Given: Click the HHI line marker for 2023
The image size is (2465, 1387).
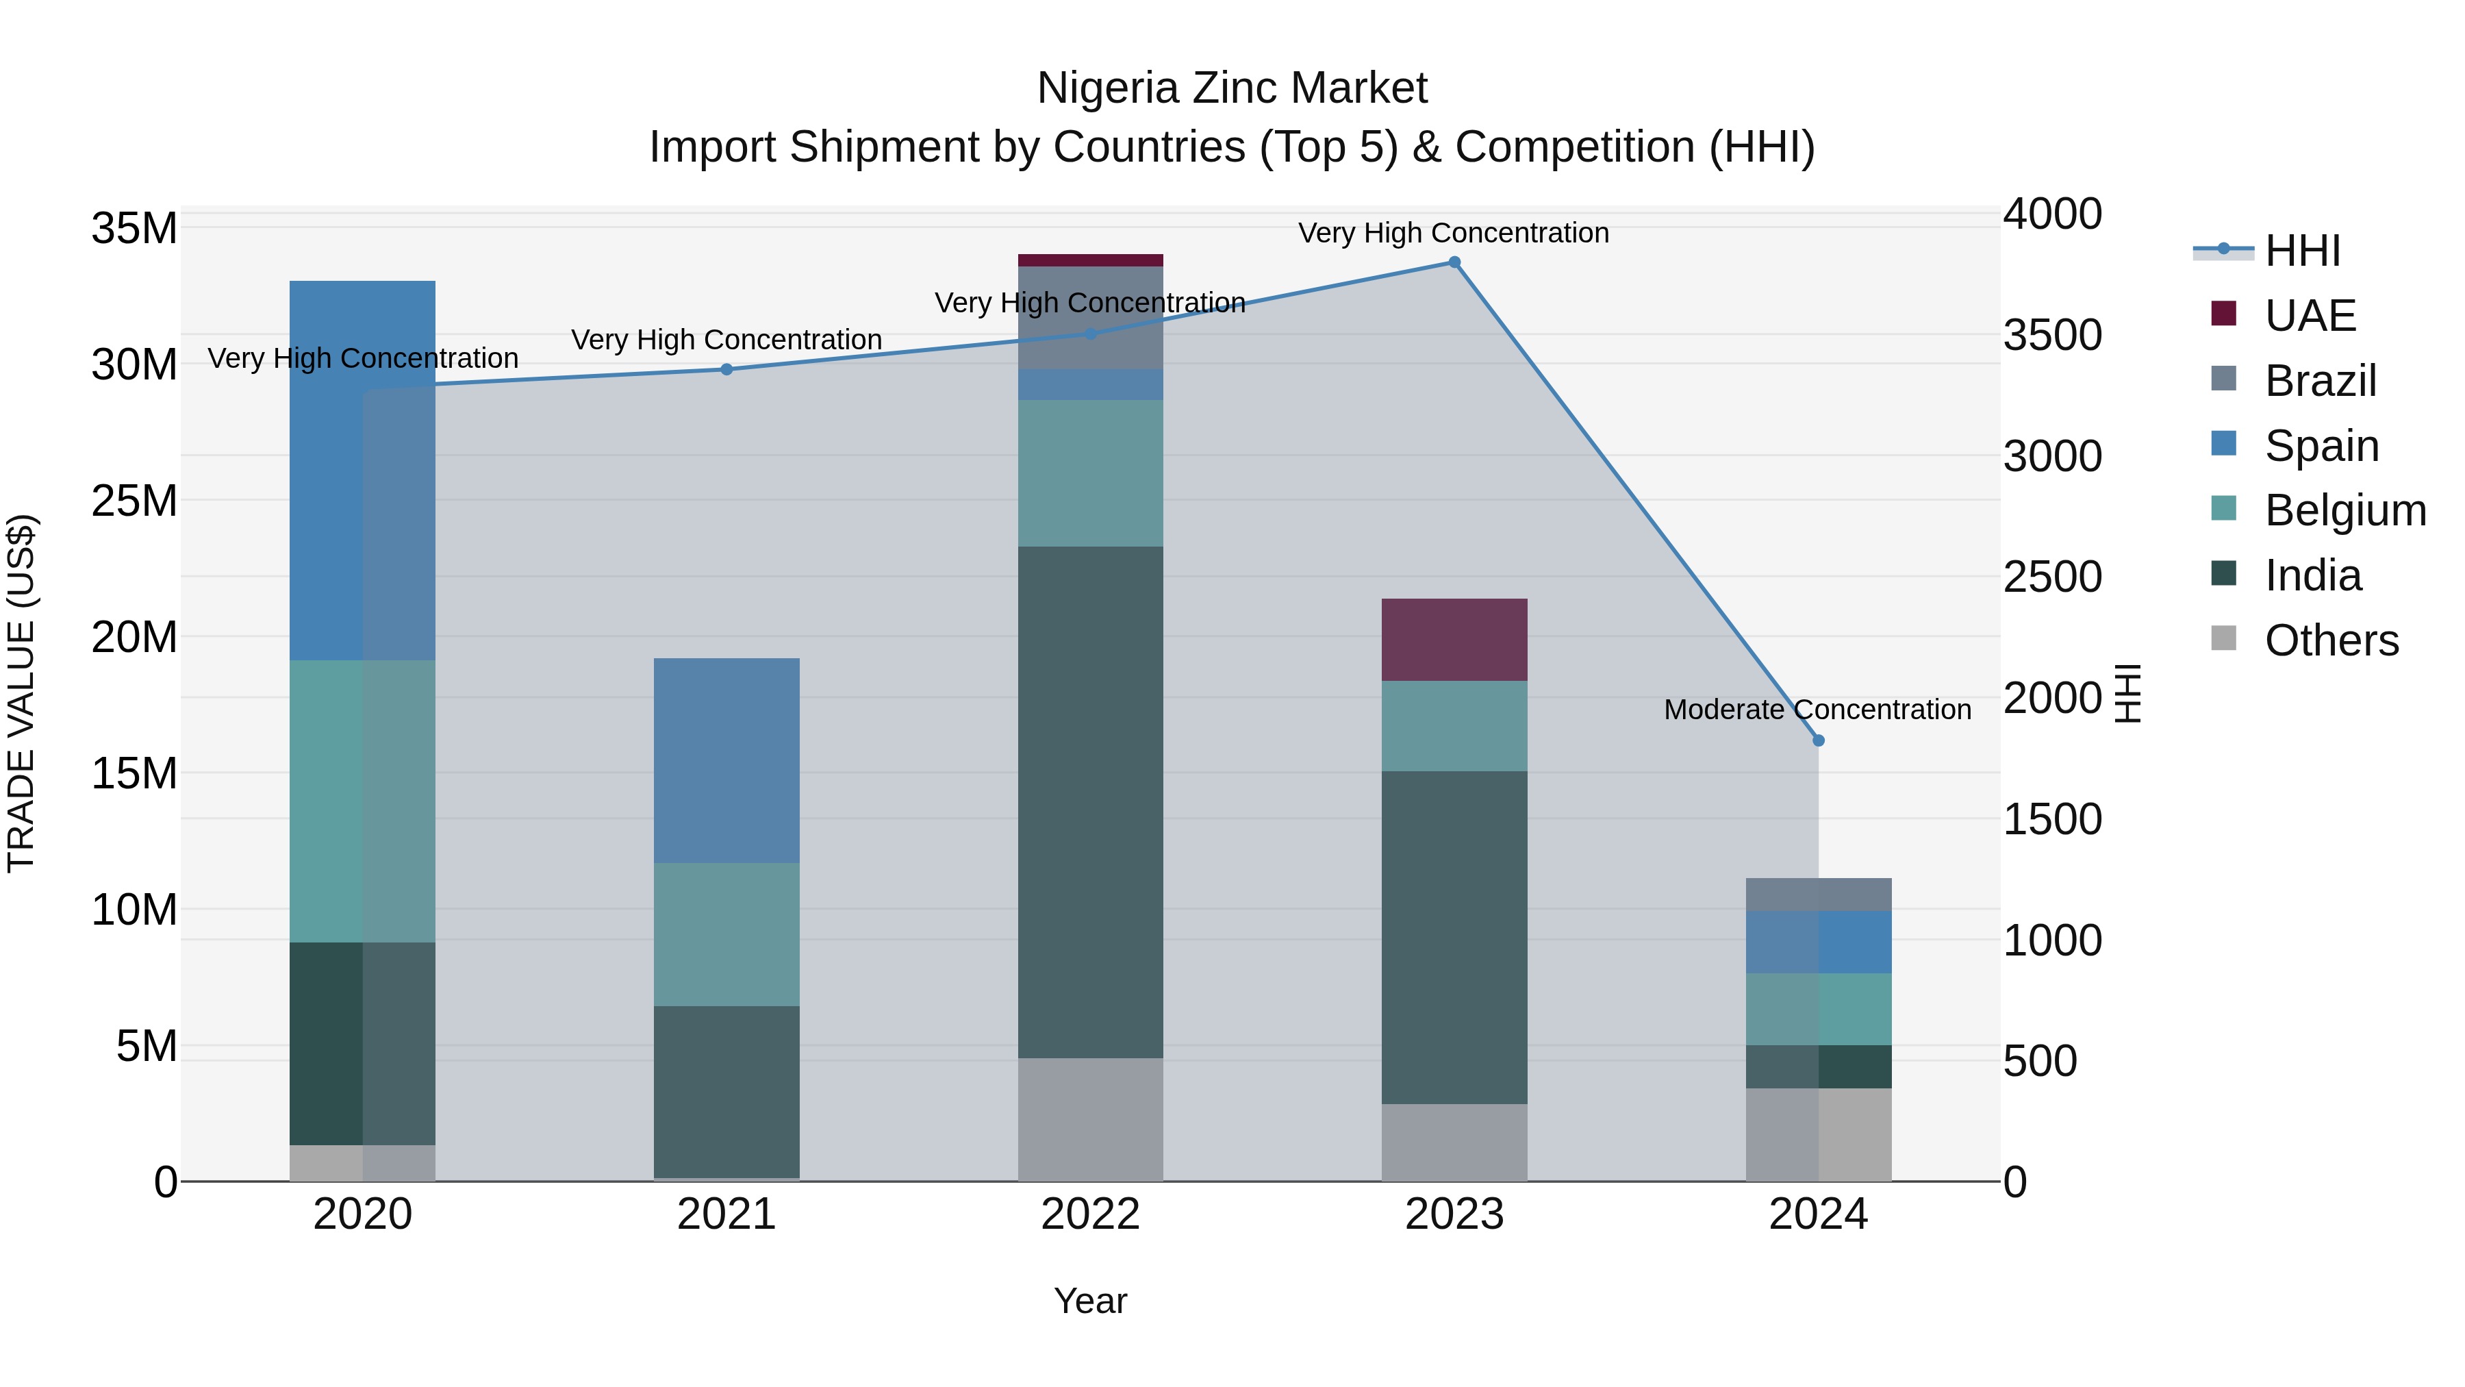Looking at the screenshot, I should pyautogui.click(x=1454, y=262).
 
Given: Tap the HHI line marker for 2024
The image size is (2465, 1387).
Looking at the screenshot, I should pyautogui.click(x=1818, y=740).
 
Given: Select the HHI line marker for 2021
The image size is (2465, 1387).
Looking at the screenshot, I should pyautogui.click(x=726, y=369).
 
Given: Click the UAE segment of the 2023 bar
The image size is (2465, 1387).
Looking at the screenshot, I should pyautogui.click(x=1454, y=640).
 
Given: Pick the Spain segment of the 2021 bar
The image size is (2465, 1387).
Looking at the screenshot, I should pyautogui.click(x=726, y=760).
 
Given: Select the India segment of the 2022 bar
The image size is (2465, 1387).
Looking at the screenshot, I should pyautogui.click(x=1090, y=802).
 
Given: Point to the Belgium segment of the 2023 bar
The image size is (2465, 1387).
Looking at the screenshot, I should pyautogui.click(x=1454, y=725).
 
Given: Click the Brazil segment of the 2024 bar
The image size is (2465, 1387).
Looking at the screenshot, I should pyautogui.click(x=1818, y=894).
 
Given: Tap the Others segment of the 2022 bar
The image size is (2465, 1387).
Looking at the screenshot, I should pyautogui.click(x=1090, y=1119).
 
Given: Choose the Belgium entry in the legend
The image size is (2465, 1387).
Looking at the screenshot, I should pyautogui.click(x=2344, y=510).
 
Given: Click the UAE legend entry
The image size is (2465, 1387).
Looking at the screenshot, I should pyautogui.click(x=2309, y=316).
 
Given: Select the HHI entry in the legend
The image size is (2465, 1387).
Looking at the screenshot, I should pyautogui.click(x=2301, y=251).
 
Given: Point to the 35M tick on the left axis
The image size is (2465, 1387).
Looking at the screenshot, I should pyautogui.click(x=134, y=229).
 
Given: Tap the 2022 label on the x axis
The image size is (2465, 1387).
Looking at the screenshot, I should pyautogui.click(x=1090, y=1214).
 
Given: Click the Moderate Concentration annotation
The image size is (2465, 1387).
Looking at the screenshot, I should pyautogui.click(x=1817, y=710).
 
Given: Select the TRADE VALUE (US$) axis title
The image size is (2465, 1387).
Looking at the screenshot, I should pyautogui.click(x=21, y=693).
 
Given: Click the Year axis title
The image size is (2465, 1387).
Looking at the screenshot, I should pyautogui.click(x=1090, y=1301).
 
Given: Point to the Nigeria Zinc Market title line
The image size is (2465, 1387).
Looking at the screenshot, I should pyautogui.click(x=1232, y=88).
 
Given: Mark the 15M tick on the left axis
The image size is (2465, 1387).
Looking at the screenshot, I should pyautogui.click(x=134, y=773).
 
